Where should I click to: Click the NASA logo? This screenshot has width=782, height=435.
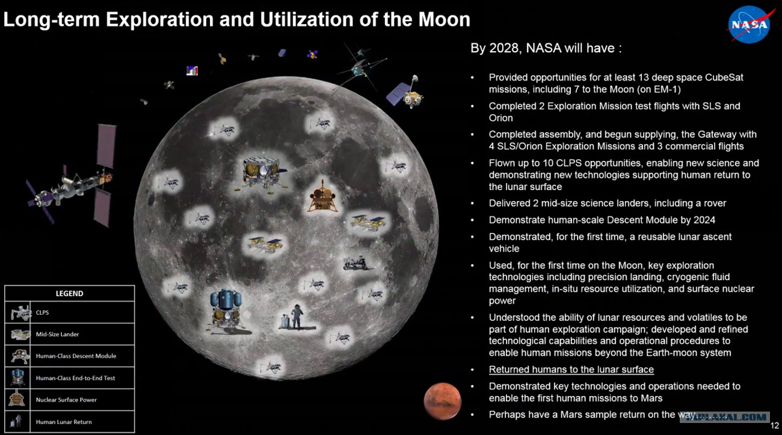[748, 25]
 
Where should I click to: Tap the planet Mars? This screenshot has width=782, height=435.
[442, 401]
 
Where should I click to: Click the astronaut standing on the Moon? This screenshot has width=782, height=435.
[297, 316]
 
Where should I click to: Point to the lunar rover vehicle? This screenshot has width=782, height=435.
[356, 264]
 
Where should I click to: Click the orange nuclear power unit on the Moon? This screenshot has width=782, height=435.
[322, 197]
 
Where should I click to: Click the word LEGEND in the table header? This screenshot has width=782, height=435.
[69, 293]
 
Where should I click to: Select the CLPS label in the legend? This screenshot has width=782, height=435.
[42, 312]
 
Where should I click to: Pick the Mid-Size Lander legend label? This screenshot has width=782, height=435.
[57, 334]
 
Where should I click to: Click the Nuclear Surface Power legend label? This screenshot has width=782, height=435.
[66, 400]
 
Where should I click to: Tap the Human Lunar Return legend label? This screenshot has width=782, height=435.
[64, 422]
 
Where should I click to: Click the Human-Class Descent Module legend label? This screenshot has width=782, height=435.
[76, 356]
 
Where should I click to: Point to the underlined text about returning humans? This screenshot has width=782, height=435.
[571, 370]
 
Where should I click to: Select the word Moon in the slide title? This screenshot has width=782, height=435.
[444, 19]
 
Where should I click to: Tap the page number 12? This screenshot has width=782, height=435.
[774, 425]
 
